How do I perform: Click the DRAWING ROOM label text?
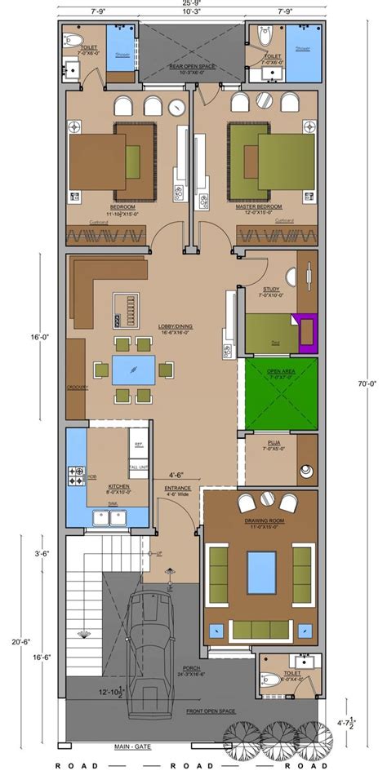tap(260, 521)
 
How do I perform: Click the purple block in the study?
tap(309, 333)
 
